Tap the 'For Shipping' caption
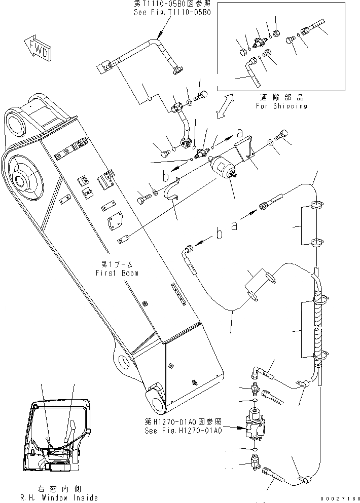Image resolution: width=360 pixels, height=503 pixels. (x=281, y=106)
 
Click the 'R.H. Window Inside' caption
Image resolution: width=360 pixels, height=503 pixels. (x=61, y=498)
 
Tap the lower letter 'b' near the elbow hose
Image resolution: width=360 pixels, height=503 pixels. (x=219, y=235)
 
